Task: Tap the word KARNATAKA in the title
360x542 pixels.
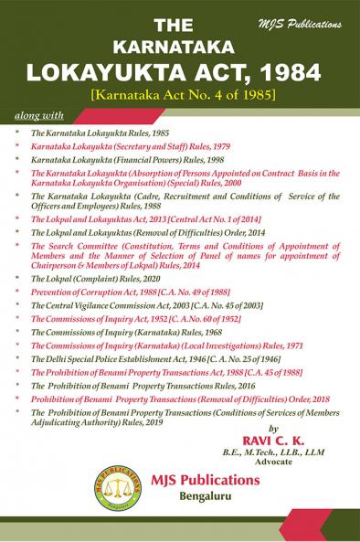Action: [179, 44]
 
